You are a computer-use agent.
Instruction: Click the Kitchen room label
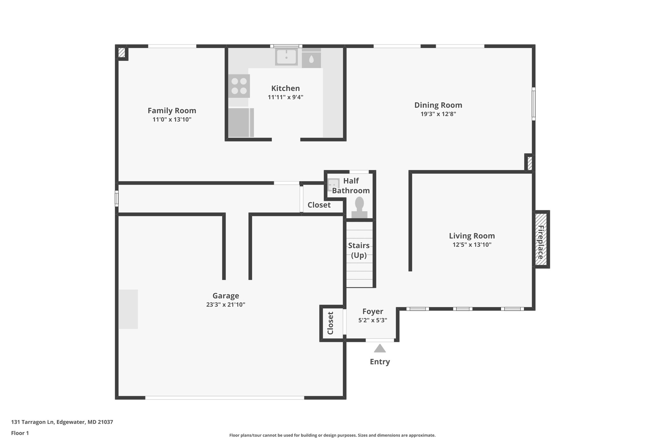coord(285,88)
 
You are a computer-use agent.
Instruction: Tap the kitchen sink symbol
coord(286,57)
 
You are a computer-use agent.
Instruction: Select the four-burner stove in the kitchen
coord(239,86)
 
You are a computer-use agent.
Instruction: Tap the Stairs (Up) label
coord(359,250)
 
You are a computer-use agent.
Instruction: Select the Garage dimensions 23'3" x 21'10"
coord(226,305)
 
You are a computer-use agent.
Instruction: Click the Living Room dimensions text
coord(472,245)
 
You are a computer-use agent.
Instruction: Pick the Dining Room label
coord(438,105)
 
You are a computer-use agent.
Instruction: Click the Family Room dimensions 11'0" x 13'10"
coord(172,119)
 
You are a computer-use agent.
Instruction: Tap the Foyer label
coord(372,312)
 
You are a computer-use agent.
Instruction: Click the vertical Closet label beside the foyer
coord(331,323)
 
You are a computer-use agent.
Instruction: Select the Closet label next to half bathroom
coord(319,205)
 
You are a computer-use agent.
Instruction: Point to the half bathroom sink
coord(333,184)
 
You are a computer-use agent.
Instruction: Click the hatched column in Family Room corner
coord(121,53)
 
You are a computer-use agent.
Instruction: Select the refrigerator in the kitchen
coord(241,122)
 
